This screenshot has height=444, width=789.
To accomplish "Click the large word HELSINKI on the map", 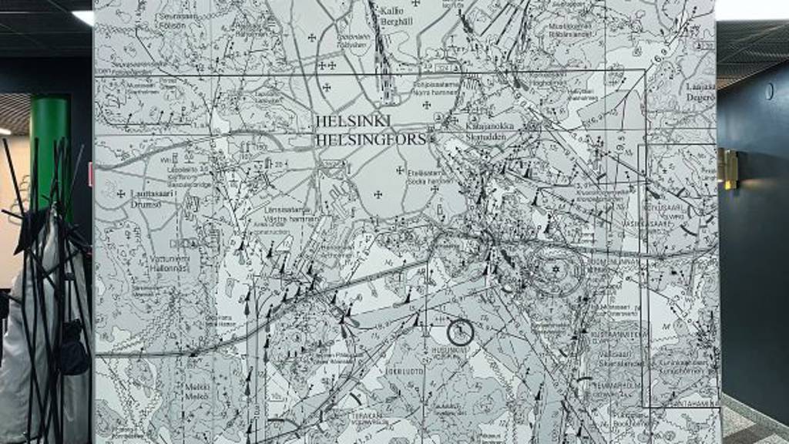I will tap(353, 122).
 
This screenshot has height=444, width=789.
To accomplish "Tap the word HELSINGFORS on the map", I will tap(371, 140).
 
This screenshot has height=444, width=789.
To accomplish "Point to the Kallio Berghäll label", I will tap(397, 16).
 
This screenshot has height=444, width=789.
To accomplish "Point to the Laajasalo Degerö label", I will tap(700, 92).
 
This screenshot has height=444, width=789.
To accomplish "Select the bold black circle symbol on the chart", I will tap(460, 332).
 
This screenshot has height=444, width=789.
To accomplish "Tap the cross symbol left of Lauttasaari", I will tap(121, 193).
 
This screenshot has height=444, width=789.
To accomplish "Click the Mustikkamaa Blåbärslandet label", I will tap(569, 30).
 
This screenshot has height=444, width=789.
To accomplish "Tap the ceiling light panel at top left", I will tap(82, 17).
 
